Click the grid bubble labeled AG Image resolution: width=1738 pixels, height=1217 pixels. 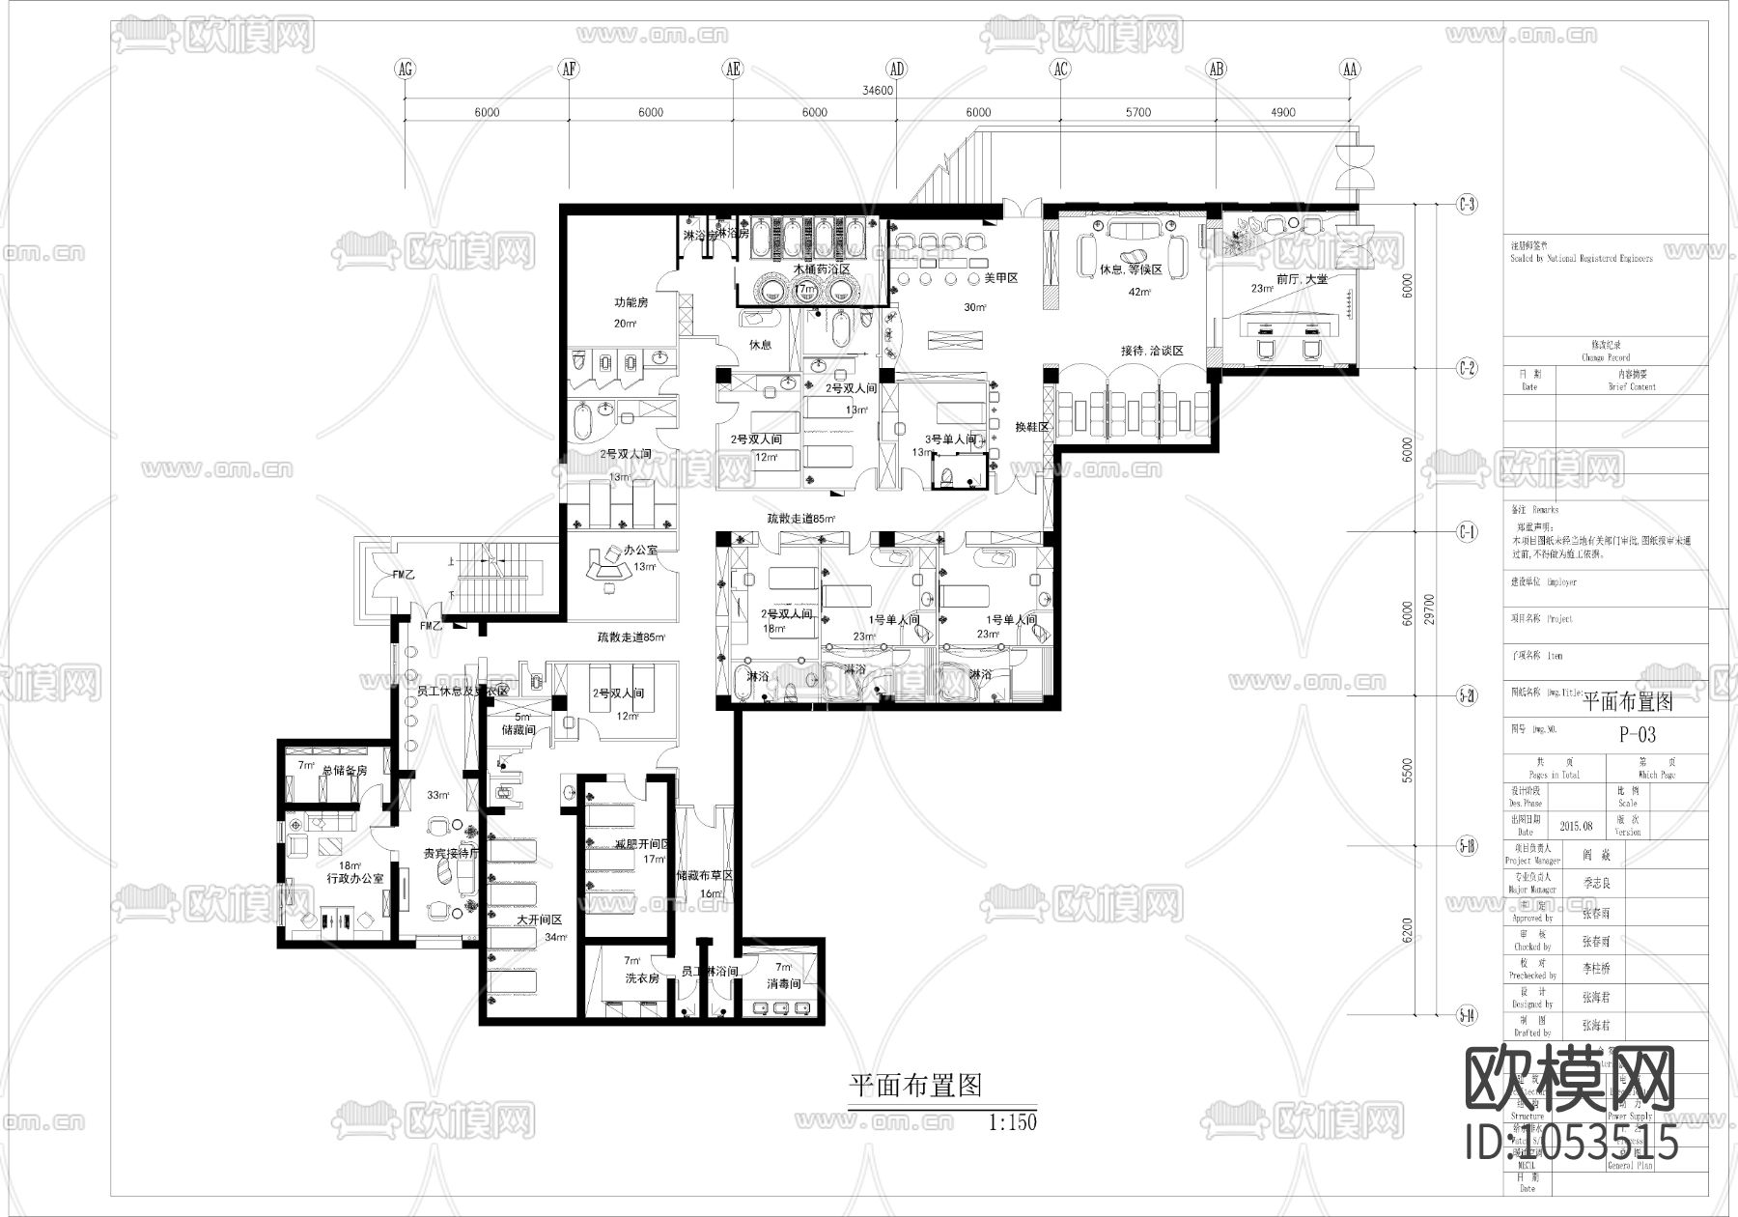(x=406, y=69)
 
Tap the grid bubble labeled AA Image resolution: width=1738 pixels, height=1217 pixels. (x=1350, y=69)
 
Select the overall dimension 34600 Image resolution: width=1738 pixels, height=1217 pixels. (x=877, y=91)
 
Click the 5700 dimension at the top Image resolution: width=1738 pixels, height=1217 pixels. (x=1138, y=113)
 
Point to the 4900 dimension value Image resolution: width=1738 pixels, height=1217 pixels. (x=1283, y=113)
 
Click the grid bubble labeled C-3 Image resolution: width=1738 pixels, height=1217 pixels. (x=1467, y=205)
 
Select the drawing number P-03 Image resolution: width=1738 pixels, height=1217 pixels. (x=1638, y=735)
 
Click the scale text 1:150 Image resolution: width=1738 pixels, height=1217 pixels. (x=1013, y=1123)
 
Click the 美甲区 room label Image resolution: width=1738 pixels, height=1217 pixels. (x=1001, y=278)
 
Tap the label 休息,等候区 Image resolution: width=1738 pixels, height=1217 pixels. (x=1131, y=269)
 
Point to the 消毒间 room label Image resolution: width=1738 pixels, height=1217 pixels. (x=783, y=984)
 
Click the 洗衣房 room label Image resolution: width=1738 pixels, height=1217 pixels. (x=641, y=978)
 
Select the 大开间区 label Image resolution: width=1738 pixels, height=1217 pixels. (x=539, y=920)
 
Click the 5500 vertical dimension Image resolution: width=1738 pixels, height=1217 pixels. (x=1407, y=770)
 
